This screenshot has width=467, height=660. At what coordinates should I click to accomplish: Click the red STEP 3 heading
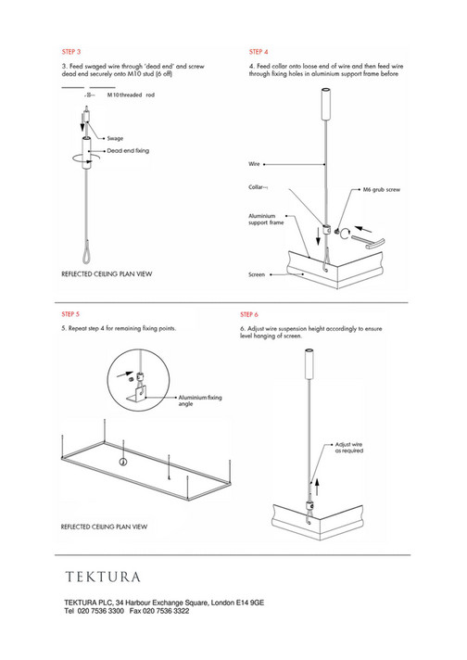[x=70, y=51]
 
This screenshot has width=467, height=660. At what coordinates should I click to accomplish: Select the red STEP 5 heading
[x=70, y=314]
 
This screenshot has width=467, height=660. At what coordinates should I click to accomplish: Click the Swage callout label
[x=115, y=137]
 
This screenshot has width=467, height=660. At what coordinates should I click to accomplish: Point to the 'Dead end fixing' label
[x=128, y=149]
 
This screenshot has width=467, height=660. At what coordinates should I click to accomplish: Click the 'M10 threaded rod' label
[x=131, y=95]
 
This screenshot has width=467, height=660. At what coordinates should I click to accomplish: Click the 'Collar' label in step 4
[x=259, y=187]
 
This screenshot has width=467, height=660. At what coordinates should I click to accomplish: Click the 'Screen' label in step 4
[x=258, y=275]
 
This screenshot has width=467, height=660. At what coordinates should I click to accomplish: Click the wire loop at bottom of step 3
[x=83, y=247]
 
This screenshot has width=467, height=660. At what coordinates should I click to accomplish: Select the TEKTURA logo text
[x=102, y=577]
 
